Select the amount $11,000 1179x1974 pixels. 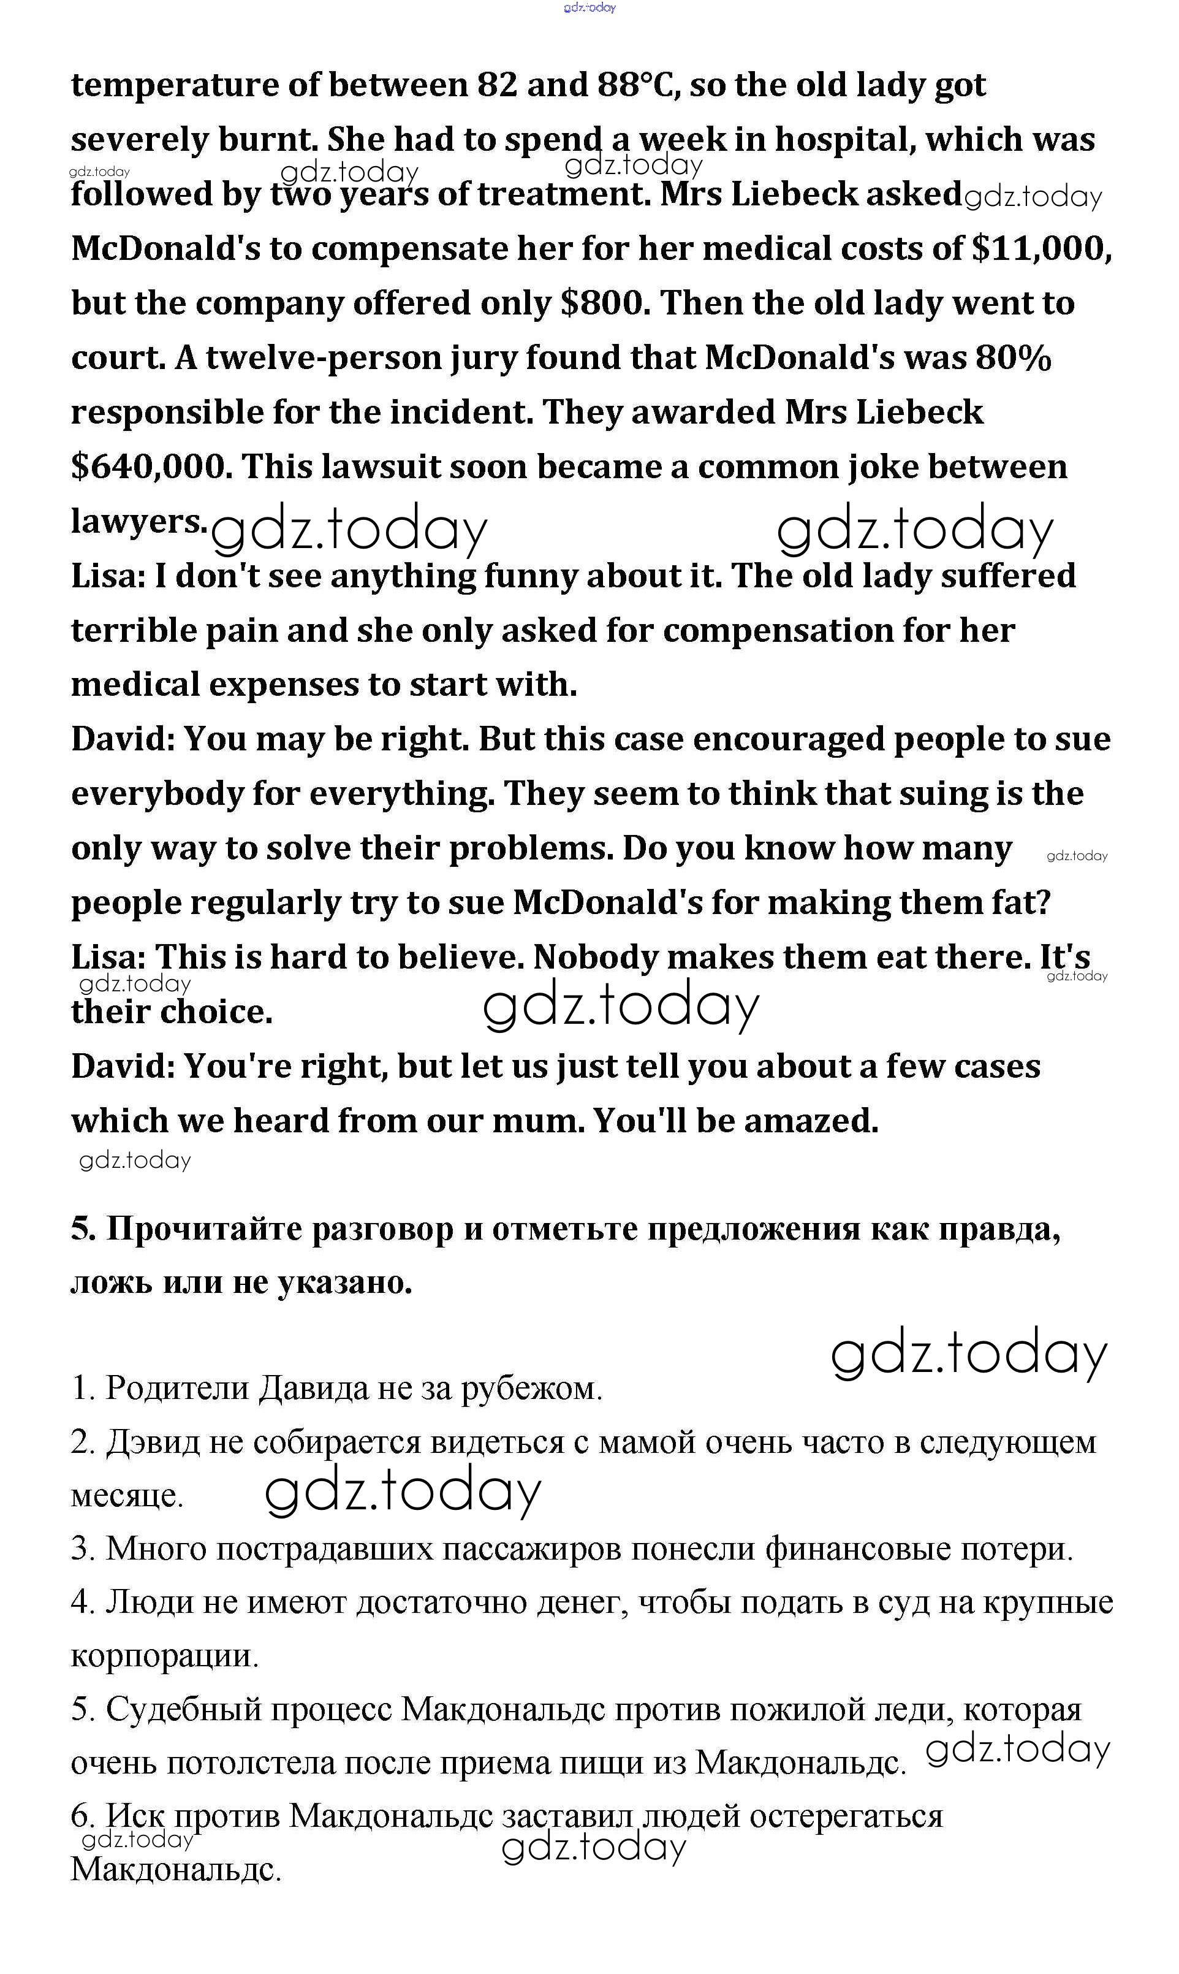[1041, 249]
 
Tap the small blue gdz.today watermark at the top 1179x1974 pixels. [589, 8]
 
